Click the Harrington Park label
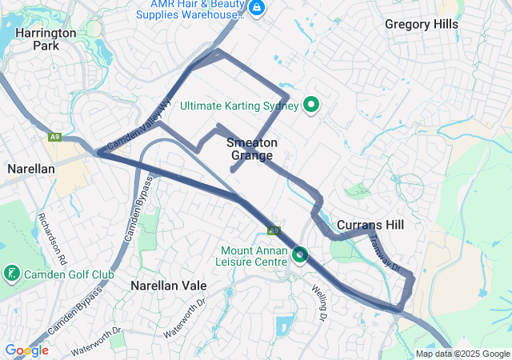[45, 39]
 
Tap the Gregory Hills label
[421, 24]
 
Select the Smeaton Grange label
[252, 149]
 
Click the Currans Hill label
[370, 225]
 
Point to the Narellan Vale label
[169, 286]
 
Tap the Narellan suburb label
[30, 169]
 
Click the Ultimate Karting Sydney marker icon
[311, 105]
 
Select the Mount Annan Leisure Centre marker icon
[300, 255]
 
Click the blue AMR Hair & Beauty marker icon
[257, 9]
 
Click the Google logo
[26, 350]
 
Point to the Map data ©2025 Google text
[462, 354]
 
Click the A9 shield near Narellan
[54, 138]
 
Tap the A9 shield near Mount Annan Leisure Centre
[274, 230]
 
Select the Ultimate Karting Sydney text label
[239, 106]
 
